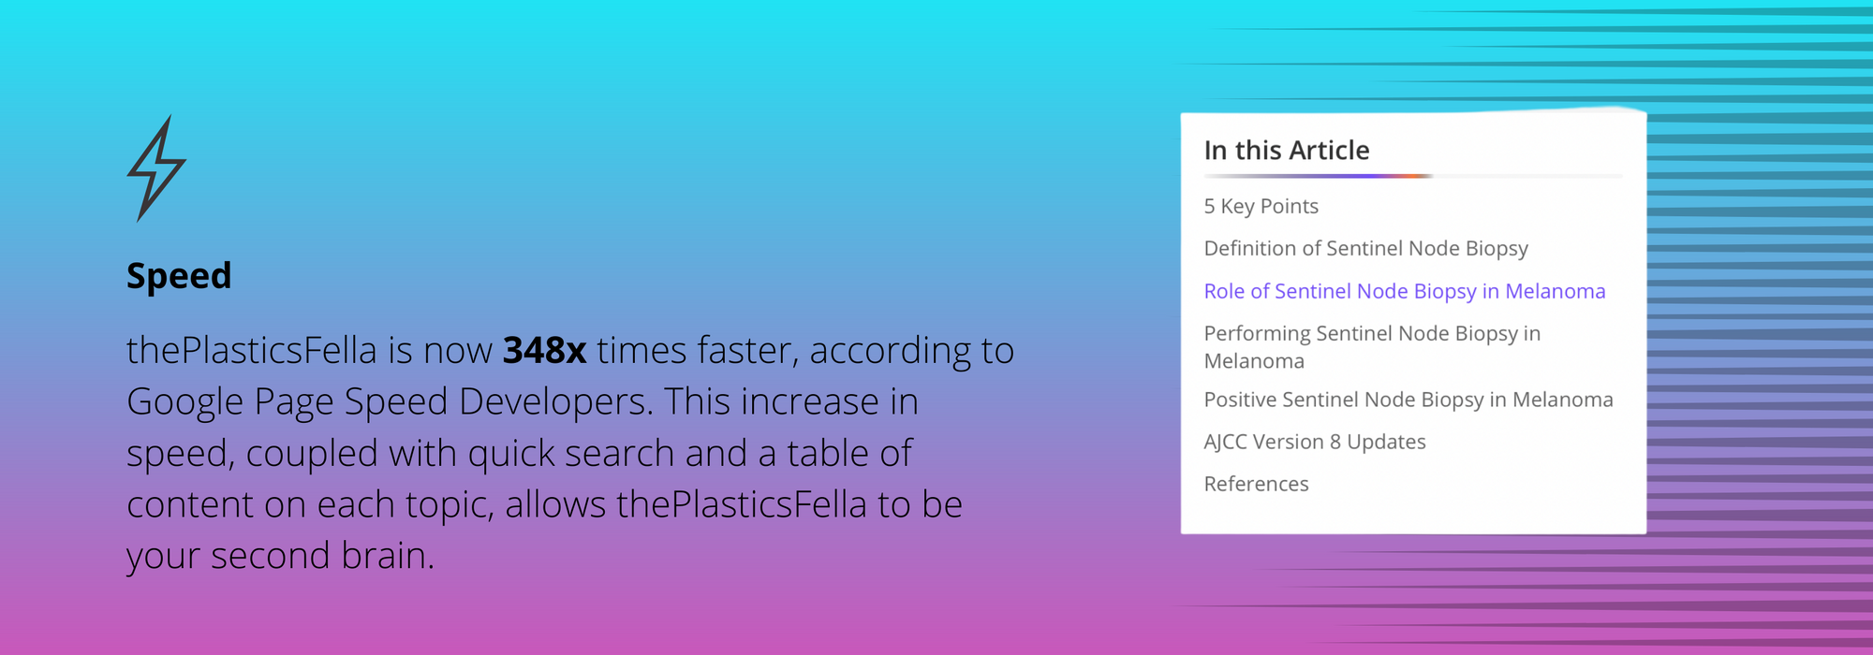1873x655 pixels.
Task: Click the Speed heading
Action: (x=179, y=276)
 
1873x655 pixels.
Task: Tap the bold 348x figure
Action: (x=545, y=351)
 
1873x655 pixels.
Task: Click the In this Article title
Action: (x=1287, y=151)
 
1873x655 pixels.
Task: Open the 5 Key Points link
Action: (x=1261, y=207)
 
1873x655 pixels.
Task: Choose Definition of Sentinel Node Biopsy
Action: (x=1366, y=249)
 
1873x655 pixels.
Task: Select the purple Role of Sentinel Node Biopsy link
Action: (x=1405, y=292)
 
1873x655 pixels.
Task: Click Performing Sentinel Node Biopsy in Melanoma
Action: (x=1372, y=347)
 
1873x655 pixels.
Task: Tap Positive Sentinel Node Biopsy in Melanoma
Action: (x=1408, y=400)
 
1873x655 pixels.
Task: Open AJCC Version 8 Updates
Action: (x=1315, y=442)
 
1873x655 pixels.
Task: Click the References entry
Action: (x=1257, y=485)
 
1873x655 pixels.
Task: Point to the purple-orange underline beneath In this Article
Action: (x=1319, y=176)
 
